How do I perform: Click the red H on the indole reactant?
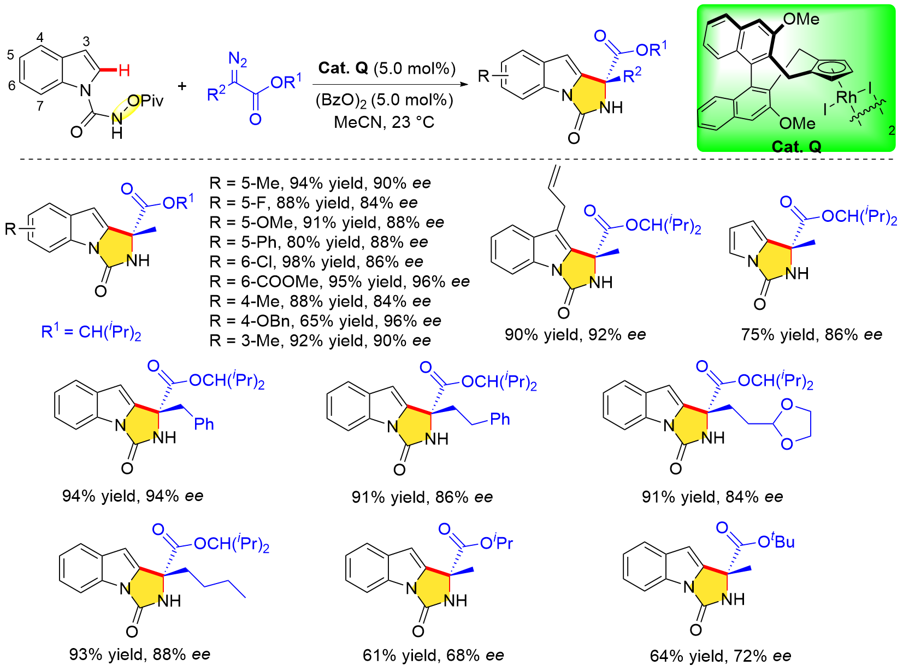point(125,70)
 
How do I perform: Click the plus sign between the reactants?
point(181,86)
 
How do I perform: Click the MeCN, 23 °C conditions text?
point(384,122)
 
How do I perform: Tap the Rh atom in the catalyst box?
point(846,97)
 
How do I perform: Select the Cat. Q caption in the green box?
point(796,146)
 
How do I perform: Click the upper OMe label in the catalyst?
point(801,20)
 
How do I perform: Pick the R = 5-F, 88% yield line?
point(314,203)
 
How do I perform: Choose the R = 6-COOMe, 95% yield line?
point(339,281)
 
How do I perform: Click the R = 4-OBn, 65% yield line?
point(325,321)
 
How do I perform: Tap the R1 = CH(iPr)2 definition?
point(91,332)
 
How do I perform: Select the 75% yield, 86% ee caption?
point(811,334)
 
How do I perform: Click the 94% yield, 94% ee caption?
point(133,496)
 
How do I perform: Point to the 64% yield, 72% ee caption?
point(720,655)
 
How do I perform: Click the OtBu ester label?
point(776,541)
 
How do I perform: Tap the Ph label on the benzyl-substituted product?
point(204,423)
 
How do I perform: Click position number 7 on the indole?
point(40,105)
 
